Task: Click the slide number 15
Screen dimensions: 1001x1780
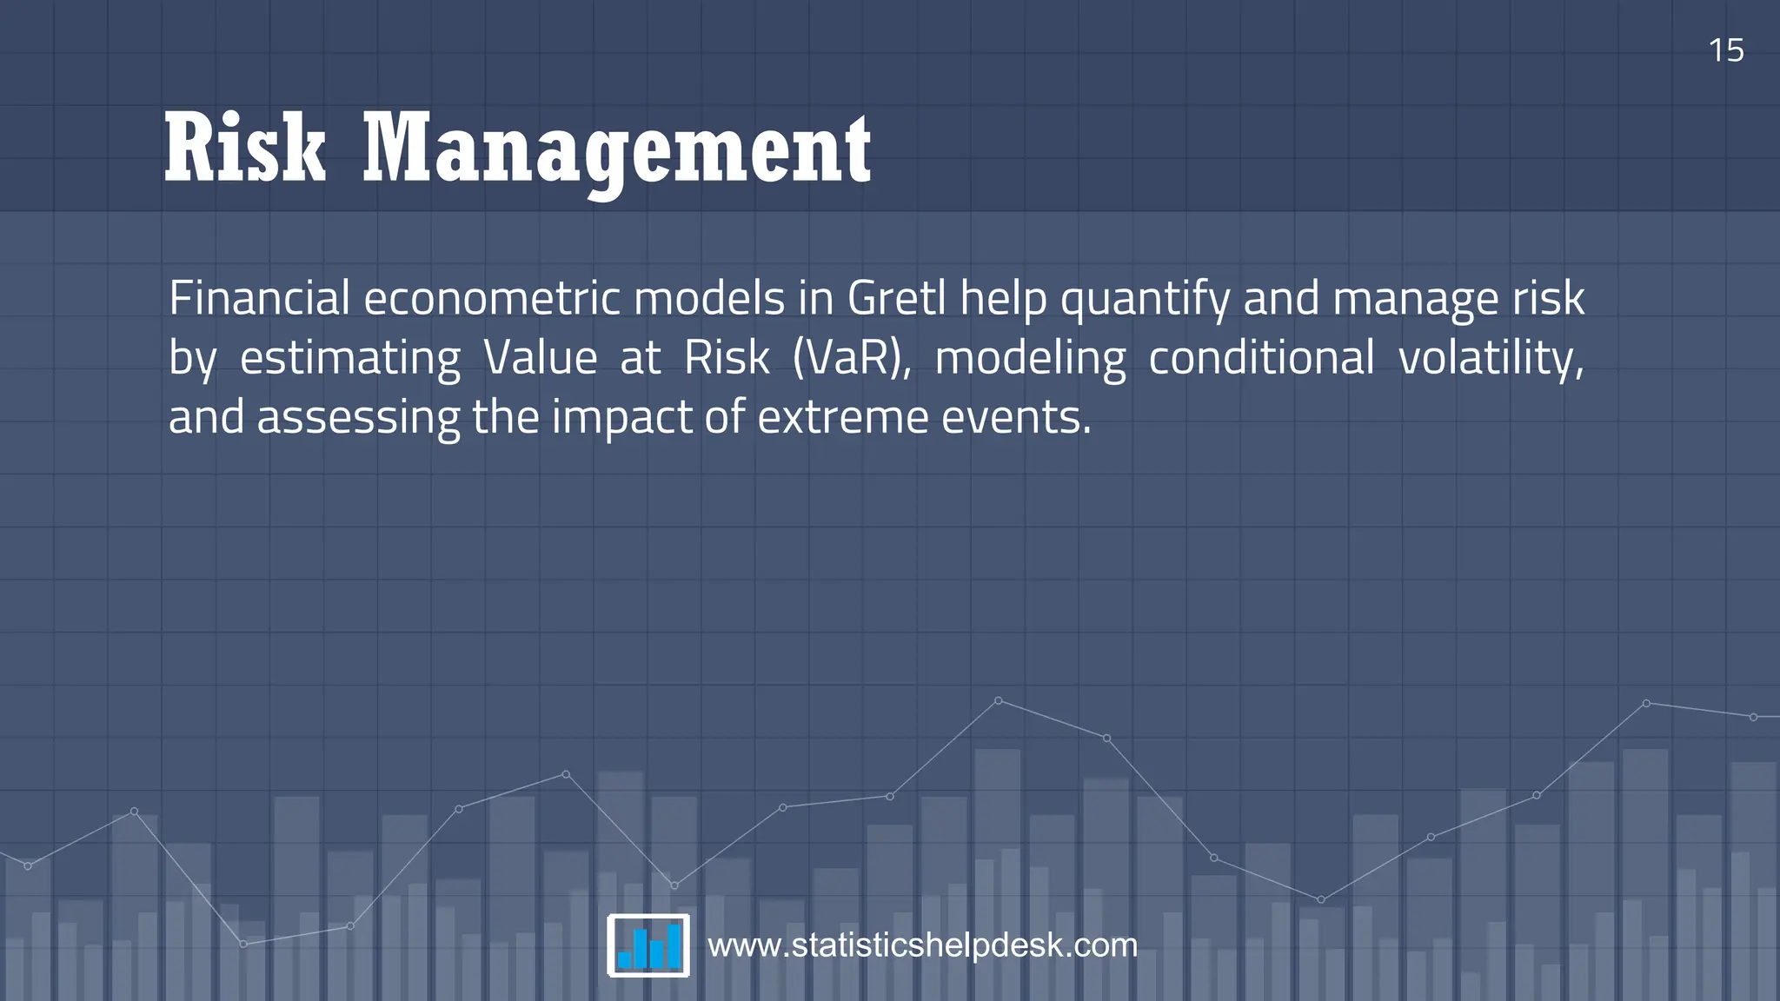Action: coord(1726,50)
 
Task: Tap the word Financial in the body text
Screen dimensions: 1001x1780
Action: coord(259,298)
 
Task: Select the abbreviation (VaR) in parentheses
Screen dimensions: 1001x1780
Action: coord(852,358)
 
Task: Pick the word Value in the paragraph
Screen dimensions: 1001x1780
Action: coord(540,358)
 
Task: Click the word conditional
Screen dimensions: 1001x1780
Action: coord(1261,358)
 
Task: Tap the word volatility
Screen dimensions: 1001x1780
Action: coord(1491,358)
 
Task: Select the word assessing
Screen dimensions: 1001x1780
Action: coord(358,418)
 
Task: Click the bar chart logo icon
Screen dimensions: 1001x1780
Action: coord(648,945)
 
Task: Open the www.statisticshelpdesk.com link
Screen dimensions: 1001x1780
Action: coord(922,945)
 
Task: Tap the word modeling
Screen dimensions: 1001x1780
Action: coord(1030,358)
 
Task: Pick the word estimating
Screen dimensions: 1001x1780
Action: coord(349,358)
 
